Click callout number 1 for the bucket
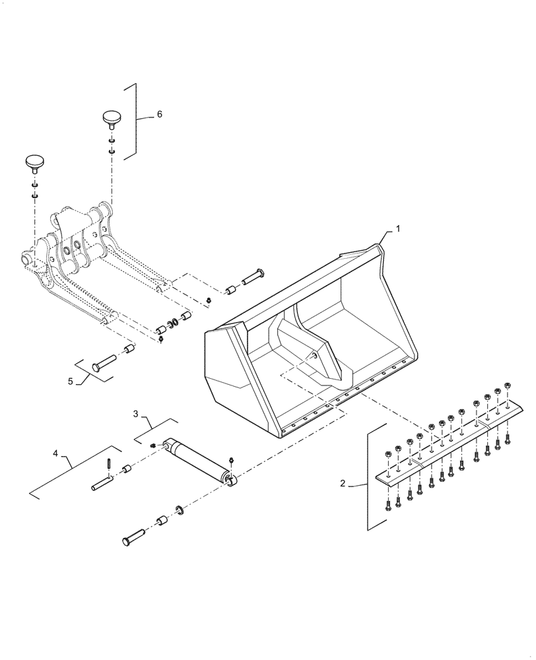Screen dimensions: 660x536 coord(397,228)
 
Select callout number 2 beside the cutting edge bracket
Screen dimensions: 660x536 coord(343,484)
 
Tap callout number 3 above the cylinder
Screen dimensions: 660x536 coord(135,414)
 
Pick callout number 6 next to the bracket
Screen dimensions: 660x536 coord(158,114)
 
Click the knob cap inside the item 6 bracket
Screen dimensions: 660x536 coord(112,119)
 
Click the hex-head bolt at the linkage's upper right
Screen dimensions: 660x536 coord(253,277)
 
